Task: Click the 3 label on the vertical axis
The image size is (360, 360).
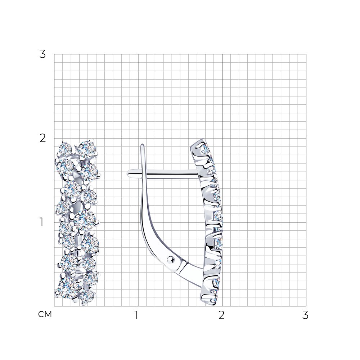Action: pos(43,54)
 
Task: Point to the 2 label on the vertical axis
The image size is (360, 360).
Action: pos(43,138)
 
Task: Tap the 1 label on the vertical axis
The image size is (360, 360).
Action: pos(41,222)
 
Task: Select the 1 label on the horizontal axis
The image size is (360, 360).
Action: pos(136,315)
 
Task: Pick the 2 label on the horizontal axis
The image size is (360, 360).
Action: pos(221,315)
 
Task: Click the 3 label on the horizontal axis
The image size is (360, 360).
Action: pos(305,315)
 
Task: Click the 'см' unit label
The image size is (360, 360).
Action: pos(45,314)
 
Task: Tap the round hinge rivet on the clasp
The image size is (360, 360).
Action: pos(171,259)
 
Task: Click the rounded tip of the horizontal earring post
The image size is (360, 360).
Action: pos(128,174)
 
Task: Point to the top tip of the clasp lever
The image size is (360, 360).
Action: pos(143,145)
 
